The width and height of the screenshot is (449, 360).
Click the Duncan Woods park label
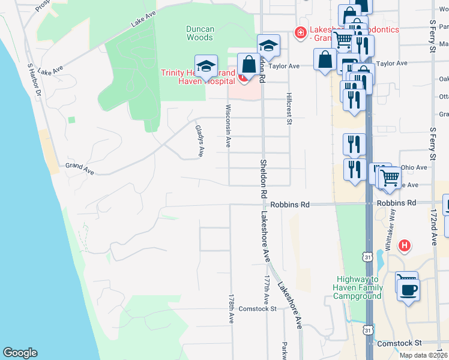click(199, 33)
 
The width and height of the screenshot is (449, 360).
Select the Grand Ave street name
click(80, 169)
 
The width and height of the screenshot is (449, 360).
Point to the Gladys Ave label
click(199, 141)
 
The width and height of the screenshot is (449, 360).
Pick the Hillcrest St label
click(289, 109)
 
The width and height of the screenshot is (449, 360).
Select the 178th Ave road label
click(231, 309)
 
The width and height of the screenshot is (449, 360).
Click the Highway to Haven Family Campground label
click(359, 287)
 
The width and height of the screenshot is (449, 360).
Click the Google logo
click(20, 352)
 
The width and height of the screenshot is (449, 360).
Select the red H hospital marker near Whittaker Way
click(406, 245)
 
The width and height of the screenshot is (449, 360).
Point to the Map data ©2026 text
click(423, 355)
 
